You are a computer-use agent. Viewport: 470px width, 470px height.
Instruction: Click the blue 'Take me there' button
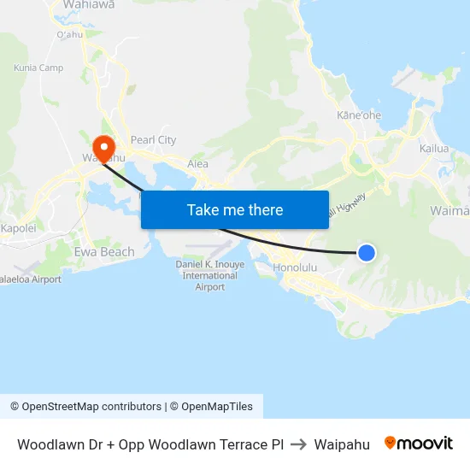coord(235,209)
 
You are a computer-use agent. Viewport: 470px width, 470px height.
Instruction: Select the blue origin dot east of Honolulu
coord(366,252)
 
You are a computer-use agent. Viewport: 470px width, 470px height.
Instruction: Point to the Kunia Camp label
coord(38,68)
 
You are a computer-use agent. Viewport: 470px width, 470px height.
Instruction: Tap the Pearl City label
coord(154,140)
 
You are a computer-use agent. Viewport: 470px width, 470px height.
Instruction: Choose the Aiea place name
coord(197,164)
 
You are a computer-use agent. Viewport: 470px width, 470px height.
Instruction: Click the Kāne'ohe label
coord(359,115)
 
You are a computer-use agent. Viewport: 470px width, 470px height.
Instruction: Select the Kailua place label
coord(434,149)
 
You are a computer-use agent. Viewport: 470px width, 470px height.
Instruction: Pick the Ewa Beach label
coord(105,252)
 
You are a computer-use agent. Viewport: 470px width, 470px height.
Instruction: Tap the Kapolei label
coord(18,229)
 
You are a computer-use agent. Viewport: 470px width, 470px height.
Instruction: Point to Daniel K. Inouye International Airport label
coord(209,276)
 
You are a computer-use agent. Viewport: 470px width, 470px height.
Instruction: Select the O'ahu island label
coord(68,35)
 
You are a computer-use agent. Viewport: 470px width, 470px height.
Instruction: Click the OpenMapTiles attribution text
coord(217,407)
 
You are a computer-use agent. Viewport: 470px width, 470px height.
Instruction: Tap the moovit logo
coord(419,444)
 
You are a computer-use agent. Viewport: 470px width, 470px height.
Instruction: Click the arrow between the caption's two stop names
coord(298,444)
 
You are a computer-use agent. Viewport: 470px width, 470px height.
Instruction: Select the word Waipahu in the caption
coord(342,444)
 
